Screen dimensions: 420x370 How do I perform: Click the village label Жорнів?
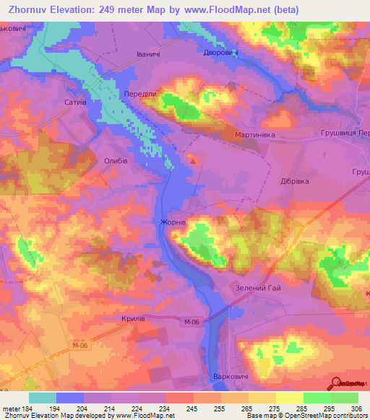(173, 223)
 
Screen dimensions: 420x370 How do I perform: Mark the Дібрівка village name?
(295, 181)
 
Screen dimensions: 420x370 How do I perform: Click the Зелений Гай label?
(258, 289)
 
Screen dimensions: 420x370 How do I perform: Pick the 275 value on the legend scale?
(254, 411)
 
